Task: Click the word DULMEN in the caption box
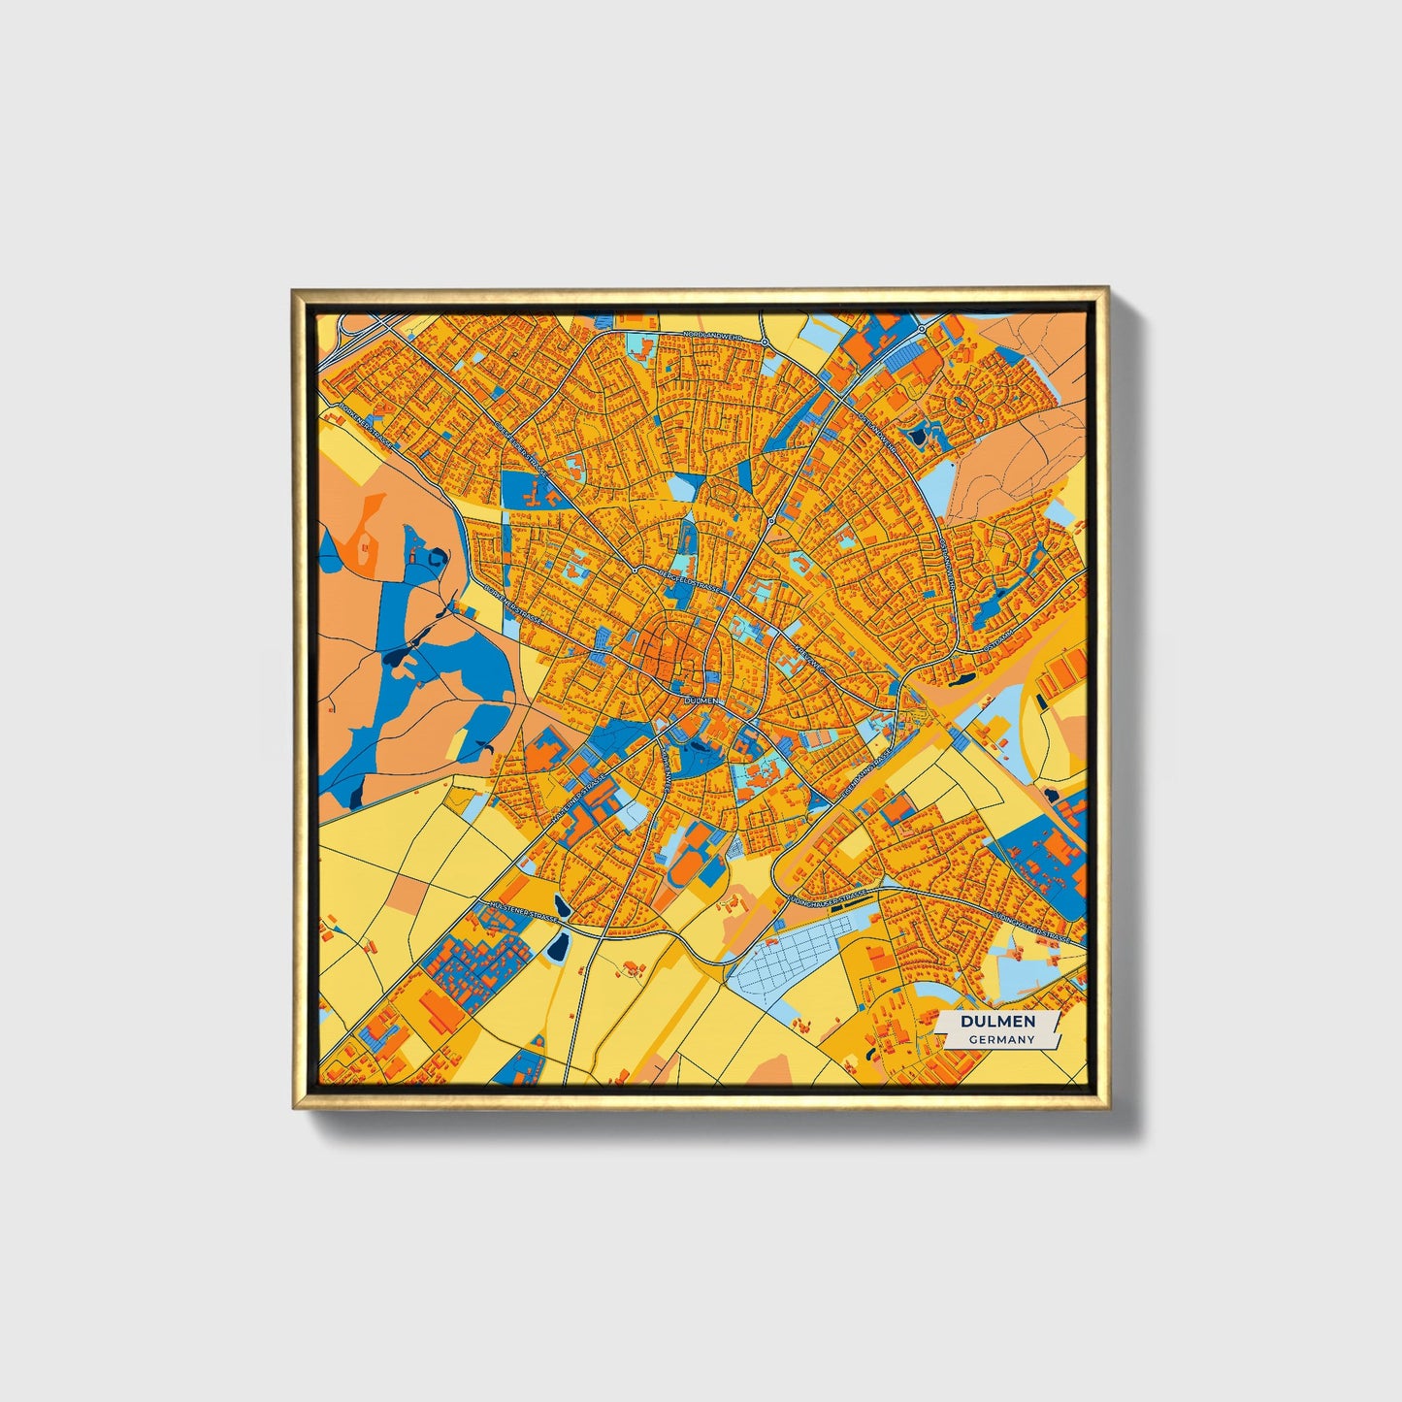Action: pyautogui.click(x=997, y=1022)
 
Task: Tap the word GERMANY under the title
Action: pyautogui.click(x=1000, y=1039)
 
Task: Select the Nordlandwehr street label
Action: pyautogui.click(x=713, y=336)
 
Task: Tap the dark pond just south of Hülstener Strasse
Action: pyautogui.click(x=557, y=946)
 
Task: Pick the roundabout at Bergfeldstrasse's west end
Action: pyautogui.click(x=636, y=571)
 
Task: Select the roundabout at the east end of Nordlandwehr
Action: pyautogui.click(x=766, y=342)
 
